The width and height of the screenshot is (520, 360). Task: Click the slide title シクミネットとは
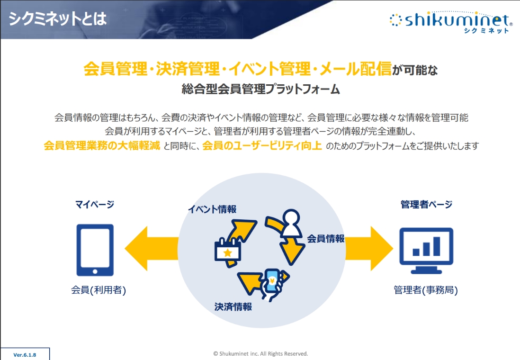tap(57, 18)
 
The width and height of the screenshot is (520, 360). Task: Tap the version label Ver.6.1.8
tap(25, 355)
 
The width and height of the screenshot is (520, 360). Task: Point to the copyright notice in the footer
tap(260, 354)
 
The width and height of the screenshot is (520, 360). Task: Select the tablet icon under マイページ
tap(95, 250)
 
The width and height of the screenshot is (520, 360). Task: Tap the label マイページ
tap(95, 204)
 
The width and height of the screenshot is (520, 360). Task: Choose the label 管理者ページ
tap(427, 204)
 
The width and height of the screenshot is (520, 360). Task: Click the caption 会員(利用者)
tap(99, 290)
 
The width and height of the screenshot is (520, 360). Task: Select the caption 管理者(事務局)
tap(426, 290)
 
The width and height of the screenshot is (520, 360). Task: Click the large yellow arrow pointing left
tap(152, 249)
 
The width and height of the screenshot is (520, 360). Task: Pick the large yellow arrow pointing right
tap(369, 249)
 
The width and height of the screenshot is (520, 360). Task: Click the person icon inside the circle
tap(291, 222)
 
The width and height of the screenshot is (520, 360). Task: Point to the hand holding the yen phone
tap(274, 284)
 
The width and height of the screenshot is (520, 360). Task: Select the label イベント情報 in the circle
tap(212, 209)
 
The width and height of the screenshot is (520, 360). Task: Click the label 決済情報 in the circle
tap(233, 307)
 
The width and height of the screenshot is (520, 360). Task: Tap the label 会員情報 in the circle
tap(326, 239)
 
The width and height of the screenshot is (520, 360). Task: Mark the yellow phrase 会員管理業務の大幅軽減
tap(102, 146)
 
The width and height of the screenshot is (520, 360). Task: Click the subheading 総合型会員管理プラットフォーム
tap(260, 89)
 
